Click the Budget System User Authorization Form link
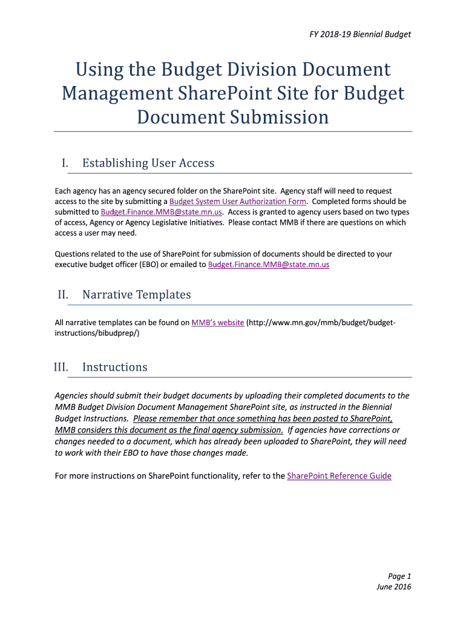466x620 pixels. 238,201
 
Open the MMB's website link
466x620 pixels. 217,323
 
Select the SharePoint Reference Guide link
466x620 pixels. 339,476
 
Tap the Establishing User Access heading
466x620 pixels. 148,163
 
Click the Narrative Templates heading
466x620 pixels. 136,295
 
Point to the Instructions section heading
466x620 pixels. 114,367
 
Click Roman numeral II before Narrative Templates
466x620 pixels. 63,295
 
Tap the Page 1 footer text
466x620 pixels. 399,576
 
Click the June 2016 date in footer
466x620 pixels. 394,587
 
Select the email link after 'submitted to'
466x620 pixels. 162,212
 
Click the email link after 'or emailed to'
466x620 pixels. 269,265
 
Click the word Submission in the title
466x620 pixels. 280,116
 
